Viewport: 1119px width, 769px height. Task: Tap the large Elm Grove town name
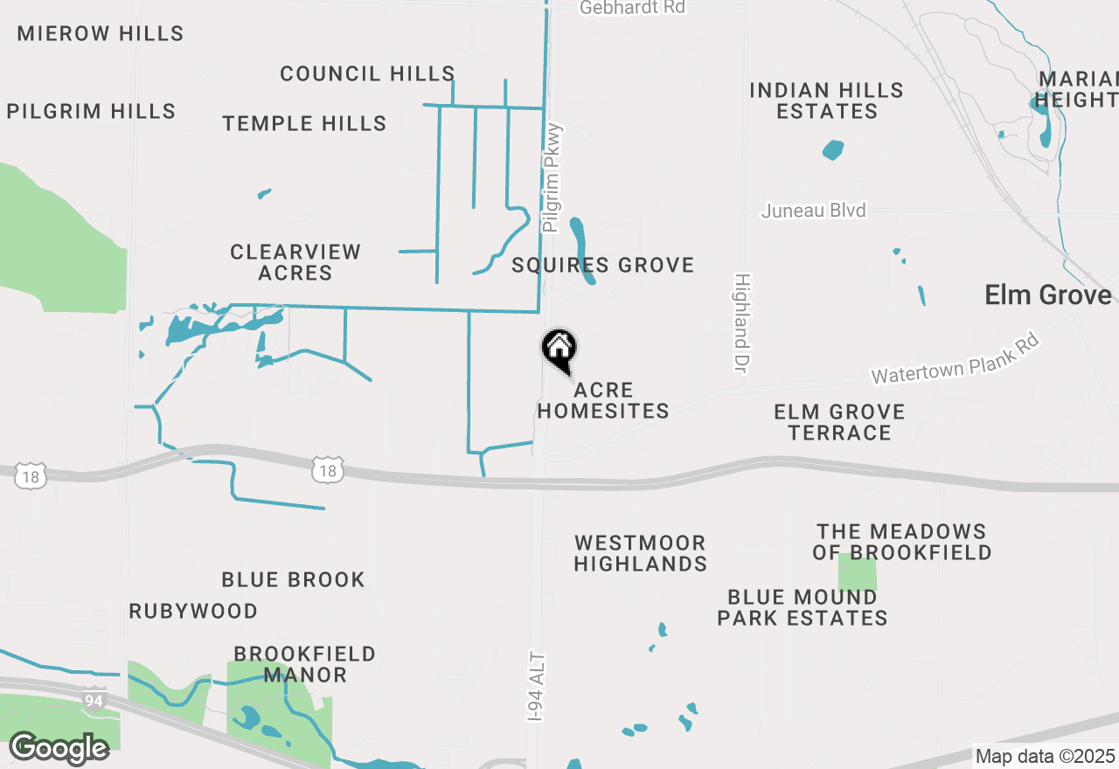pyautogui.click(x=1048, y=294)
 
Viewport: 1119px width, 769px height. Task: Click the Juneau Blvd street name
pyautogui.click(x=813, y=211)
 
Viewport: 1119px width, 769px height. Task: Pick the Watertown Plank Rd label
pyautogui.click(x=955, y=358)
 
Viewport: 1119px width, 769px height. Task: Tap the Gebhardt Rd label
pyautogui.click(x=633, y=8)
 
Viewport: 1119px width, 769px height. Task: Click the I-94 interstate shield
pyautogui.click(x=94, y=699)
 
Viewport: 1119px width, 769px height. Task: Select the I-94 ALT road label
pyautogui.click(x=536, y=687)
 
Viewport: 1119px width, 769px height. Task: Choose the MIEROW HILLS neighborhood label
pyautogui.click(x=101, y=34)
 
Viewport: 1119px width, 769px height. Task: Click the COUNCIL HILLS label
pyautogui.click(x=367, y=73)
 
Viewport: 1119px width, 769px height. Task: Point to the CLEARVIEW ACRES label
pyautogui.click(x=295, y=262)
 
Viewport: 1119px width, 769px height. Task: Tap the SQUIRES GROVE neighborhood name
pyautogui.click(x=603, y=265)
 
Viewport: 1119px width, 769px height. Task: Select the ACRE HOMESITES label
pyautogui.click(x=603, y=400)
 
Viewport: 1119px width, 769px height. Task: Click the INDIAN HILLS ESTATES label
pyautogui.click(x=827, y=100)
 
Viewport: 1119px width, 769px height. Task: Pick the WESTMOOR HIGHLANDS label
pyautogui.click(x=641, y=553)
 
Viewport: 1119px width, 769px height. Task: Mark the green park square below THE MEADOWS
pyautogui.click(x=857, y=572)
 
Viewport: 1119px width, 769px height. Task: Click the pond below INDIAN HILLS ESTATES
pyautogui.click(x=833, y=150)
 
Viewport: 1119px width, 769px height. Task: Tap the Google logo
pyautogui.click(x=59, y=748)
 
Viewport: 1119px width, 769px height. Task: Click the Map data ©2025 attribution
pyautogui.click(x=1046, y=756)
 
